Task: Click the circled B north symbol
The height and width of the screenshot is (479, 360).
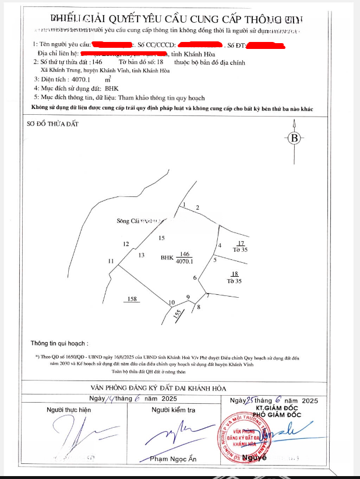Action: click(x=294, y=138)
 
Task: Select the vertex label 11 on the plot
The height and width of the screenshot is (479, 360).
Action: click(x=111, y=261)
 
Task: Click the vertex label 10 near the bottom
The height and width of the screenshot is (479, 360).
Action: click(x=171, y=302)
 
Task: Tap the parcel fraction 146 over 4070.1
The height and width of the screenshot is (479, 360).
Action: click(x=185, y=258)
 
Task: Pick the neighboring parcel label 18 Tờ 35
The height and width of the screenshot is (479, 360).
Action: click(x=235, y=277)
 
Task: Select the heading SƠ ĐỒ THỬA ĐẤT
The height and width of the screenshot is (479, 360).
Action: click(x=52, y=124)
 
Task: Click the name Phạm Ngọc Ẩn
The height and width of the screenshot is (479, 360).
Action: click(x=173, y=459)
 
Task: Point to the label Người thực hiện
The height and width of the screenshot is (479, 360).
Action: click(x=69, y=410)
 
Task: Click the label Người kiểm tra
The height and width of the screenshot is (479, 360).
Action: click(x=173, y=410)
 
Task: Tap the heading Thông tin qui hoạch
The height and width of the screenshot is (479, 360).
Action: click(x=63, y=344)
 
